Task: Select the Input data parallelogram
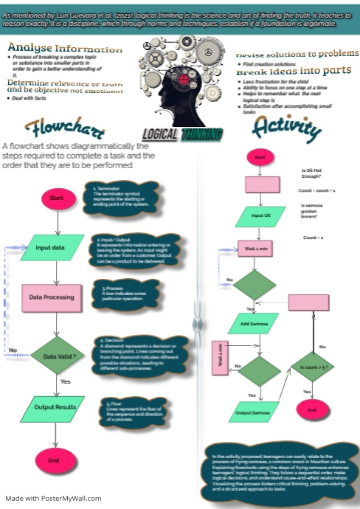point(56,248)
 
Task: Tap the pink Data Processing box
point(52,297)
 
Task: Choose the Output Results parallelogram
point(55,407)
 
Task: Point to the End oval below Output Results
point(54,460)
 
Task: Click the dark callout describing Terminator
point(122,197)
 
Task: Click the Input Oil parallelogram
point(261,216)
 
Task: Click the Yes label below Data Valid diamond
point(64,381)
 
